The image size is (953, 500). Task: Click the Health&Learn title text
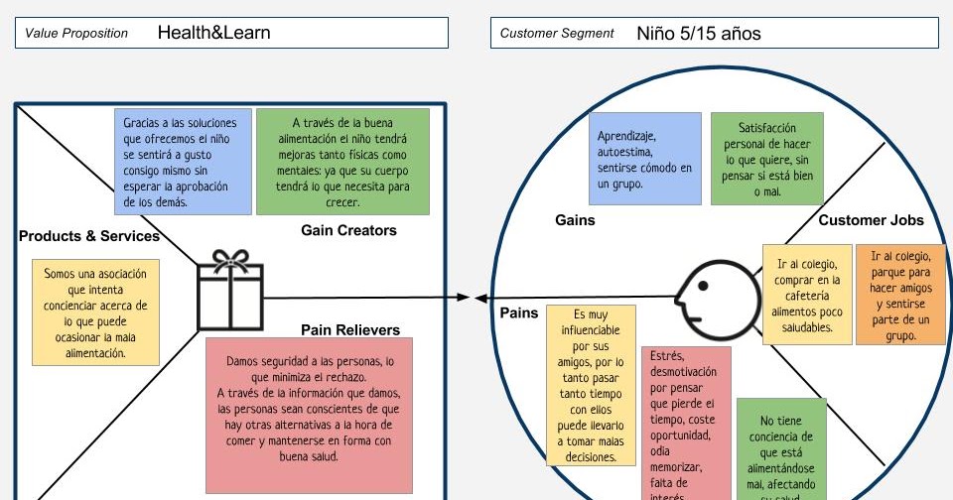[x=213, y=33]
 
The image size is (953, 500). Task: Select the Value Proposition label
[x=76, y=33]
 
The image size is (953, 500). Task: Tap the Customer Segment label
[x=557, y=33]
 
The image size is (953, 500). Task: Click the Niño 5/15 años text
[x=699, y=33]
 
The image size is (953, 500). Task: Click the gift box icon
[x=230, y=290]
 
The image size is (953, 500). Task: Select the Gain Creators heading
[x=348, y=230]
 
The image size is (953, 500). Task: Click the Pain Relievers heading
[x=350, y=329]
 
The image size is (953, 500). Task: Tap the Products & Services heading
[x=89, y=236]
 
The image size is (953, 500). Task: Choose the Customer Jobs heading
[x=871, y=220]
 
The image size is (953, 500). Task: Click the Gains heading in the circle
[x=575, y=220]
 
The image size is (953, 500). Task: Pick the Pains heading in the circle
[x=518, y=312]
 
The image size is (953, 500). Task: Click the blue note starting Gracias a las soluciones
[x=183, y=162]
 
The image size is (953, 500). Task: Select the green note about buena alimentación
[x=342, y=162]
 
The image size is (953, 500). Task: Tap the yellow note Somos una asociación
[x=95, y=312]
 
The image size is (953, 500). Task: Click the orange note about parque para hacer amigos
[x=900, y=296]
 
